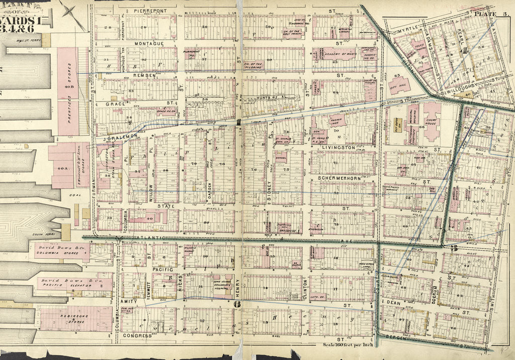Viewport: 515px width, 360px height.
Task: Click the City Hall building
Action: [x=399, y=83]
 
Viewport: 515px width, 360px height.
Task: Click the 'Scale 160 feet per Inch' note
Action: [x=349, y=345]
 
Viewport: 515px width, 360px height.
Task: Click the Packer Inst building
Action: [x=336, y=121]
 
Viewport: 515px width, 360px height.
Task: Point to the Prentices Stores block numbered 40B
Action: [x=68, y=92]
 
